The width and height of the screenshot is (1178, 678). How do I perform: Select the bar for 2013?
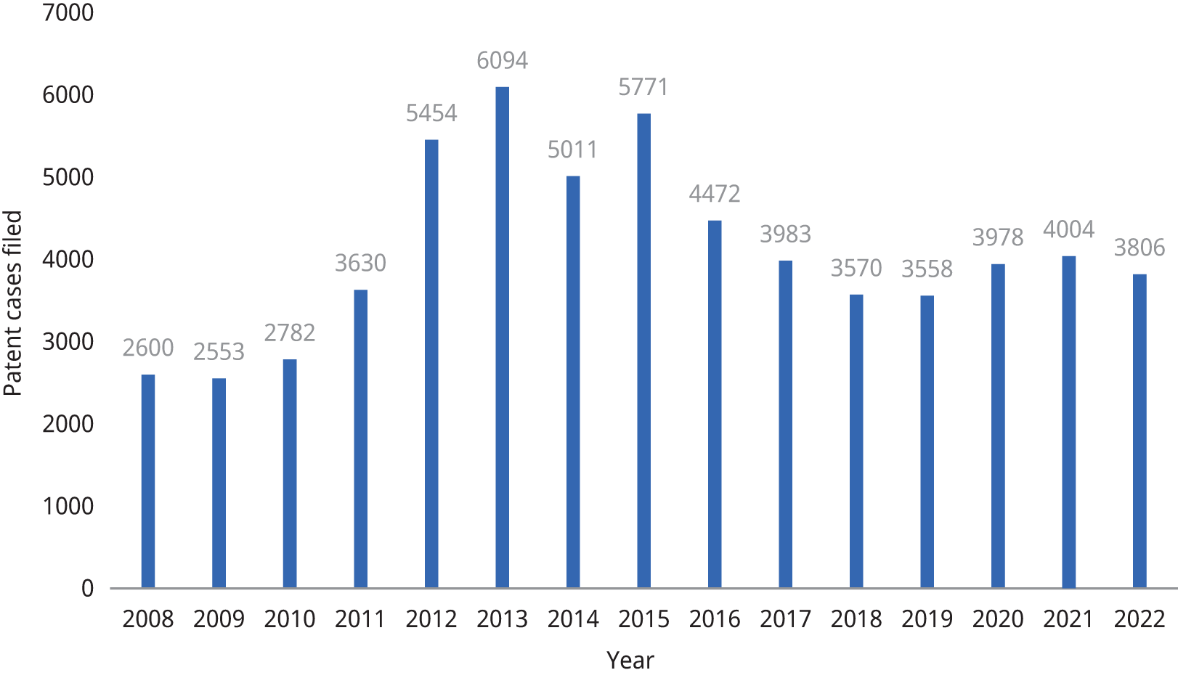(x=502, y=337)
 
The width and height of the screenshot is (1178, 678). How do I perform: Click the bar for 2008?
(x=148, y=481)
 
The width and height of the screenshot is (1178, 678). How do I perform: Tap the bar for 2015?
(x=643, y=350)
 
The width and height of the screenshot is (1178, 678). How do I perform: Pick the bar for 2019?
(x=927, y=441)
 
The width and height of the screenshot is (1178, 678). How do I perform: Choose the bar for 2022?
(x=1140, y=430)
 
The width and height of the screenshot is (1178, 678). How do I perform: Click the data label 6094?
(x=502, y=60)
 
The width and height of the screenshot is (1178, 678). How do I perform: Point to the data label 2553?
(x=219, y=352)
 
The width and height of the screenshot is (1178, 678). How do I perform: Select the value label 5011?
(x=572, y=150)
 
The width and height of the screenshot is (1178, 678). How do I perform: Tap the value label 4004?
(x=1068, y=230)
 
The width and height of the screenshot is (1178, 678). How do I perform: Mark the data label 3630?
(x=360, y=263)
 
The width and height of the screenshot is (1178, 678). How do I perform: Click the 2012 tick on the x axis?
(x=431, y=619)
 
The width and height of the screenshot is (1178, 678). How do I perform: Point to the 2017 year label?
(x=785, y=619)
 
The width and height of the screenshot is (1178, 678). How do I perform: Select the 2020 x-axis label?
(x=998, y=619)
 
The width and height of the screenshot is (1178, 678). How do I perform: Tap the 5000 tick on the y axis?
(x=68, y=178)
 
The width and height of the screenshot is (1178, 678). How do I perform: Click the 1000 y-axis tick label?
(x=68, y=507)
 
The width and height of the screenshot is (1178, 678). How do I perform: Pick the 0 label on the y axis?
(x=87, y=589)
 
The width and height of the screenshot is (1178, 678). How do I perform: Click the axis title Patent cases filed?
(x=13, y=303)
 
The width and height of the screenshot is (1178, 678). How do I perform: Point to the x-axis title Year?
(x=630, y=660)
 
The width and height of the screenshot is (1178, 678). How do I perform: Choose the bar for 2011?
(x=360, y=438)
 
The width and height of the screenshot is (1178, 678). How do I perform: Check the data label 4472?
(x=715, y=195)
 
